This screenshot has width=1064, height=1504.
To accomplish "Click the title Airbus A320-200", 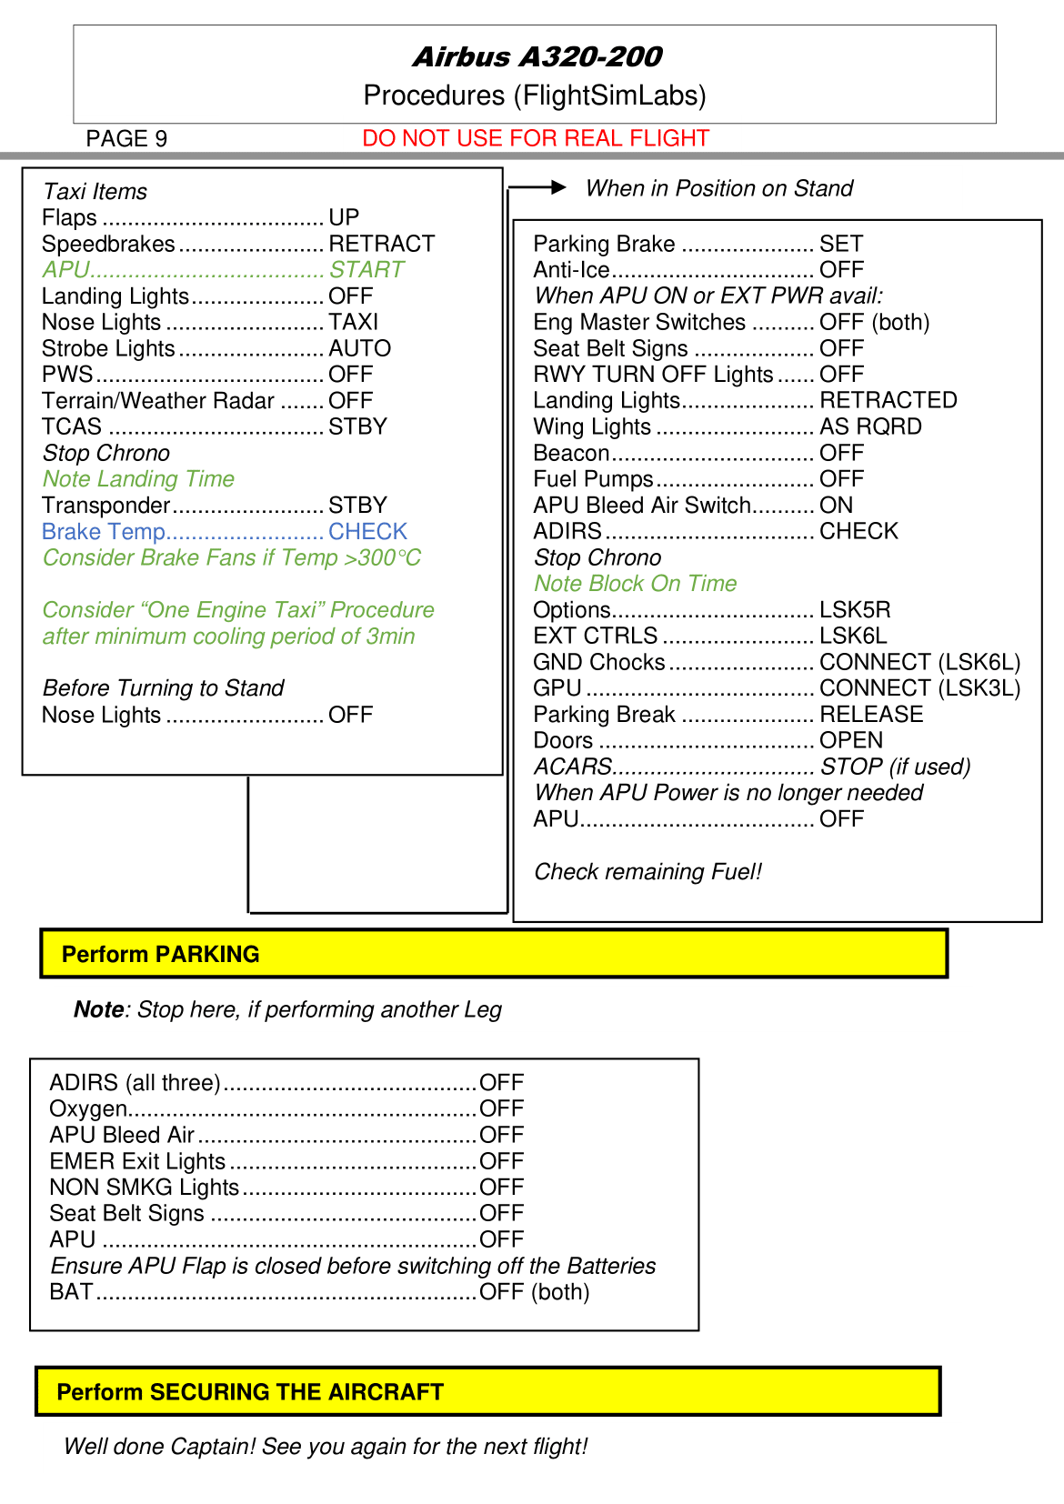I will click(537, 57).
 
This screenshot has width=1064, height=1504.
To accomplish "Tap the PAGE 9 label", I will click(126, 139).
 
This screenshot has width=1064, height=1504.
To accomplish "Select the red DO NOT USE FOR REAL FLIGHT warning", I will click(535, 138).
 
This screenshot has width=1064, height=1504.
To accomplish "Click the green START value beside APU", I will click(366, 270).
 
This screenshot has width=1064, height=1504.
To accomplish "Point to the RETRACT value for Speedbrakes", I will click(381, 244).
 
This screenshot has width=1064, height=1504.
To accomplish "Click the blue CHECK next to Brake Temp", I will click(367, 532).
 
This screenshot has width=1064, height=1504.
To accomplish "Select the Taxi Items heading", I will click(95, 192).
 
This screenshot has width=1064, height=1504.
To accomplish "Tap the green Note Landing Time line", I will click(138, 479).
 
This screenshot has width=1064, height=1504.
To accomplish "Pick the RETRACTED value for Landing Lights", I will click(888, 400).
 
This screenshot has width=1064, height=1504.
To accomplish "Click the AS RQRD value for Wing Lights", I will click(870, 426).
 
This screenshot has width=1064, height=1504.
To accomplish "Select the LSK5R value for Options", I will click(855, 610).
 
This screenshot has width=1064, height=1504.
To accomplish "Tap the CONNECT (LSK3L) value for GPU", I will click(919, 688).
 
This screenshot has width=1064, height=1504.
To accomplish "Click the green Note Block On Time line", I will click(635, 584).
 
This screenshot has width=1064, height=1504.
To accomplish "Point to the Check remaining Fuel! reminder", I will click(647, 872).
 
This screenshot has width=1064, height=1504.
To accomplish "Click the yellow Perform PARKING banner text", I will click(160, 954).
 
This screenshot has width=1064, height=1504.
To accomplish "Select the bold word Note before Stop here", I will click(98, 1009).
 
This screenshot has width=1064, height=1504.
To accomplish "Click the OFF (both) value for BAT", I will click(534, 1292).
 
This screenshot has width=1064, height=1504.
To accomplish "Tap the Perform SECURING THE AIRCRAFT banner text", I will click(249, 1392).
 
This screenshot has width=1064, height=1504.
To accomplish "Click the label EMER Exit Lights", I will click(137, 1161).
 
